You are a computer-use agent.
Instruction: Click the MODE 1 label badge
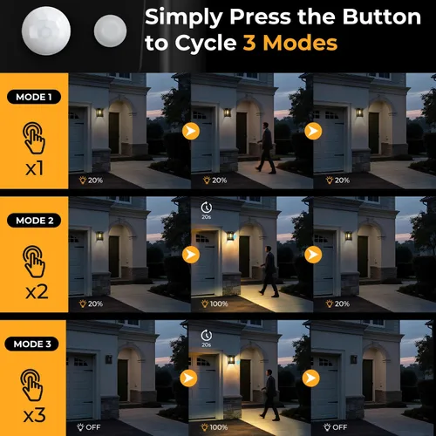pyautogui.click(x=34, y=97)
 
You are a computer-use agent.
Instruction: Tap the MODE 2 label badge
pyautogui.click(x=34, y=221)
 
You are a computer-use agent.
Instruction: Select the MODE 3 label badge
pyautogui.click(x=31, y=344)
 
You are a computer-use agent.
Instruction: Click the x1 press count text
pyautogui.click(x=34, y=168)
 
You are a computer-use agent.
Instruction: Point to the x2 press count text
pyautogui.click(x=37, y=292)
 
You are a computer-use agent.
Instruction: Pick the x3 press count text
pyautogui.click(x=34, y=415)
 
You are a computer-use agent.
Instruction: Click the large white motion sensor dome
pyautogui.click(x=46, y=31)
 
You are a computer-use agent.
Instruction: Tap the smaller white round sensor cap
pyautogui.click(x=110, y=31)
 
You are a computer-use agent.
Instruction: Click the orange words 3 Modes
pyautogui.click(x=290, y=43)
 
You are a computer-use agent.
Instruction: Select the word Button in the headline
pyautogui.click(x=382, y=17)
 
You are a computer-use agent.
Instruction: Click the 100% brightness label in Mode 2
pyautogui.click(x=215, y=303)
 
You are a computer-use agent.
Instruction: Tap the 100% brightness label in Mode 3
pyautogui.click(x=215, y=427)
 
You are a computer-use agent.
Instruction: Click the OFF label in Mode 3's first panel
pyautogui.click(x=89, y=427)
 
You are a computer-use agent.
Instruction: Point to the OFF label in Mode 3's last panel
pyautogui.click(x=336, y=427)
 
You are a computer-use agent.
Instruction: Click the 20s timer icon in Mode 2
pyautogui.click(x=207, y=210)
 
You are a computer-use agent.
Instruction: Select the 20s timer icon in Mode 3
pyautogui.click(x=207, y=338)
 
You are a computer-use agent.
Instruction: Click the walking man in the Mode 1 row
pyautogui.click(x=266, y=148)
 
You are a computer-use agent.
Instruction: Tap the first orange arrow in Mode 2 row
pyautogui.click(x=191, y=255)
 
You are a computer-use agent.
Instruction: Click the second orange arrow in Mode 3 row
pyautogui.click(x=310, y=378)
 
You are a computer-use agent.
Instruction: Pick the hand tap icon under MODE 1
pyautogui.click(x=34, y=138)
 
